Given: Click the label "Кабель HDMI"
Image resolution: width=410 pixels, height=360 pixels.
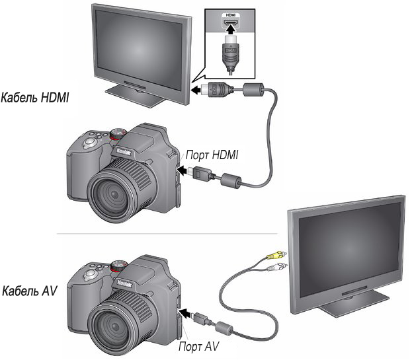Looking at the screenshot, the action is [35, 98].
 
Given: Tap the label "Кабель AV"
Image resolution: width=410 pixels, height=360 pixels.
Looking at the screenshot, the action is [29, 291].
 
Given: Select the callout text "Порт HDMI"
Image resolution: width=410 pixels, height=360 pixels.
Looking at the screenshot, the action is [212, 155].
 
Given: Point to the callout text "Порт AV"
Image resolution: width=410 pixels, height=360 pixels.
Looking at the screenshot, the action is [198, 346].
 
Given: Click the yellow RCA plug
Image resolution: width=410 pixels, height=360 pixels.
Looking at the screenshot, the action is [276, 255].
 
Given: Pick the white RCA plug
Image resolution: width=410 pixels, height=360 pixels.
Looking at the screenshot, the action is [277, 267].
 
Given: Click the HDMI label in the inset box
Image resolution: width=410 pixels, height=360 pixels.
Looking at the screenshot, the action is [230, 15].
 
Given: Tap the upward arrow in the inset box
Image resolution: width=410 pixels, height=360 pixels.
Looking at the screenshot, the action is [230, 30].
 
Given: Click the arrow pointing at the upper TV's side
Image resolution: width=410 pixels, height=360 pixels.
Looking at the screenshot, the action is [196, 90].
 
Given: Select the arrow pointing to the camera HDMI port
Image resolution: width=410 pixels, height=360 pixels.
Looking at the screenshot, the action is [184, 170].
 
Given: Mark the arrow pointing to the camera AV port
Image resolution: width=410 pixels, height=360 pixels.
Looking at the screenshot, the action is [186, 312].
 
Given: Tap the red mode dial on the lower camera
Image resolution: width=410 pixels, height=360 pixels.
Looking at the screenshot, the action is [118, 266].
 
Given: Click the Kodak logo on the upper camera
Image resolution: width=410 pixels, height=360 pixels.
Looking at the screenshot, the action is [124, 151].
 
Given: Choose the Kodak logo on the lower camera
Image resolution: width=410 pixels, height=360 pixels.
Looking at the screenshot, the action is [124, 283].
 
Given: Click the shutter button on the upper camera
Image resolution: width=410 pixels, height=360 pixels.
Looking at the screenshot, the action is [90, 142].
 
